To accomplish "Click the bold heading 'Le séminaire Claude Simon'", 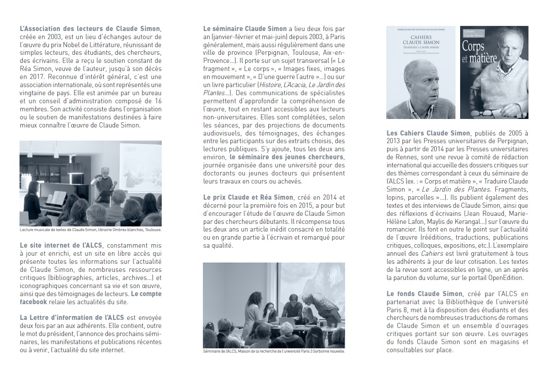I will tap(245, 29).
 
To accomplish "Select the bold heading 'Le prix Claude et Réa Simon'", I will tap(248, 197).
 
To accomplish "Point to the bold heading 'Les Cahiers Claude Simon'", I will tap(428, 133).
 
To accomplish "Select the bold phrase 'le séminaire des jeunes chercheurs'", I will tap(287, 158).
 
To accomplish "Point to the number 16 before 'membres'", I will tap(157, 102).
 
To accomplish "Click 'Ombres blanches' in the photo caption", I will tap(132, 230).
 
